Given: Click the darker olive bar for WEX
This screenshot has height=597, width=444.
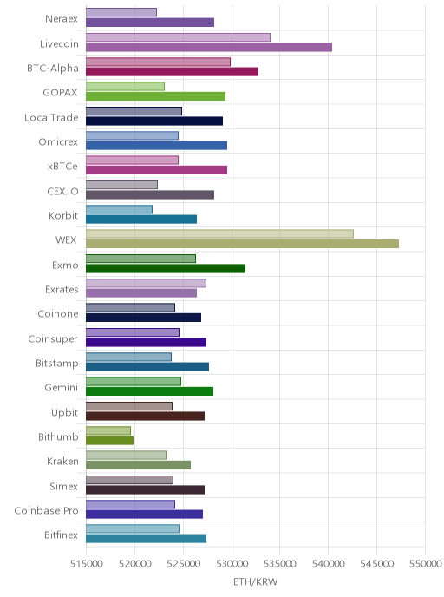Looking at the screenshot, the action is [x=242, y=244].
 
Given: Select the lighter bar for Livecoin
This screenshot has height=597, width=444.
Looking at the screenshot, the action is [x=178, y=37].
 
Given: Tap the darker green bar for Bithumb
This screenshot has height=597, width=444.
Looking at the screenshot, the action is [x=109, y=441].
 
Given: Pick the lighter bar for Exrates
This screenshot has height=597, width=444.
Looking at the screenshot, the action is [x=146, y=283].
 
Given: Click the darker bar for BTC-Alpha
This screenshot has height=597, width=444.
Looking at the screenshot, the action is [x=172, y=71].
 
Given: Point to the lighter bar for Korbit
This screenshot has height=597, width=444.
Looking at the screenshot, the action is [x=119, y=209].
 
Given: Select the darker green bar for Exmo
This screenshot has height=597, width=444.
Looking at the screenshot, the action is [x=166, y=268].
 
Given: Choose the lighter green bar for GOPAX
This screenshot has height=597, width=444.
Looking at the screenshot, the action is [x=125, y=87].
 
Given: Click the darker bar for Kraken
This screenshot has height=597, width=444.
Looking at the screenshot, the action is [x=138, y=465].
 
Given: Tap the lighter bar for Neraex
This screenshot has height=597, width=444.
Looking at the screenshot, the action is [x=121, y=12].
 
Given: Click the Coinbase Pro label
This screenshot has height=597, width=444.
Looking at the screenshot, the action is [x=47, y=510].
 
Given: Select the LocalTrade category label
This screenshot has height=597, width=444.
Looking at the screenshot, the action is [x=51, y=118].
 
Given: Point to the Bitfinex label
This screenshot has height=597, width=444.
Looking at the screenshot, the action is [x=61, y=535].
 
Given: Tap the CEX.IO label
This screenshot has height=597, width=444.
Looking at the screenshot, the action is [x=62, y=191].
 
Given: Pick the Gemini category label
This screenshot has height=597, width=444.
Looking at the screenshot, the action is [x=62, y=388].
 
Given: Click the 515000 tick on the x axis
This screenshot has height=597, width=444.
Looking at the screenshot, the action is [x=87, y=563].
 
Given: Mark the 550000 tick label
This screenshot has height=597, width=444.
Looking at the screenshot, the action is [x=426, y=563].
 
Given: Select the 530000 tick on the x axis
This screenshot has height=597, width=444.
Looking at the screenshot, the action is [x=232, y=563].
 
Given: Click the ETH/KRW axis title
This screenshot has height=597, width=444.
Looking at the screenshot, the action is [x=256, y=581].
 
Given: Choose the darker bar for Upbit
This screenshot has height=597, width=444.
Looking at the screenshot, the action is [x=146, y=416].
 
